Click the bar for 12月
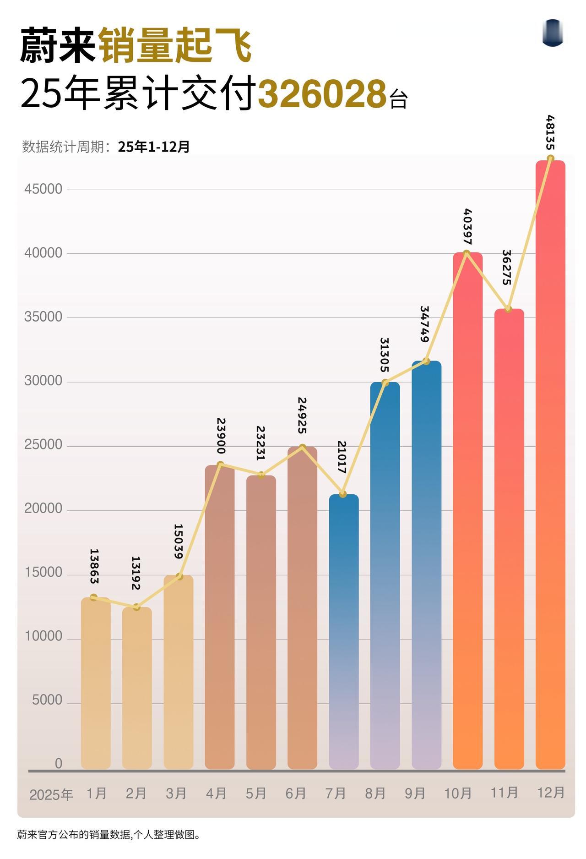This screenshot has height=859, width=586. (550, 463)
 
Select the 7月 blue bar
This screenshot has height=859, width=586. (343, 632)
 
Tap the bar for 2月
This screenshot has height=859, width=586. (136, 687)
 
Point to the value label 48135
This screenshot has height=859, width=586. (551, 133)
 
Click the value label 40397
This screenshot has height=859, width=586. (467, 226)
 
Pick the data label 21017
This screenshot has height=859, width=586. (342, 457)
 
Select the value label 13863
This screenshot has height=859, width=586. (94, 566)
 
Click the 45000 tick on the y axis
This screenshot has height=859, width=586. (43, 189)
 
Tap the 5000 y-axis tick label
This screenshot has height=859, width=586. (47, 700)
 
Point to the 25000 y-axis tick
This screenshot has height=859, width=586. (43, 444)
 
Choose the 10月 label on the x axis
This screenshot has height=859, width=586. (458, 793)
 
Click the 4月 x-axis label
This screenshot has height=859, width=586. (216, 793)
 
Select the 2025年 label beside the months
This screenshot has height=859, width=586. (51, 794)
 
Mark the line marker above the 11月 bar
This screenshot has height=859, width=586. (508, 309)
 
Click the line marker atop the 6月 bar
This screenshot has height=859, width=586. (302, 447)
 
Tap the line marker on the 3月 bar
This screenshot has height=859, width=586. (179, 576)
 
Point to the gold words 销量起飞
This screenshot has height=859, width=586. (175, 45)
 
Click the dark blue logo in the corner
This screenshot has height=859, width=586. (552, 33)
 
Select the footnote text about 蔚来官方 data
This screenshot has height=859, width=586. (109, 834)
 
